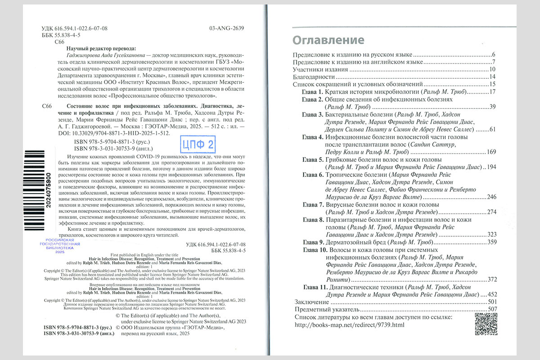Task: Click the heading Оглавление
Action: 328,40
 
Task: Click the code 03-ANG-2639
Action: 227,28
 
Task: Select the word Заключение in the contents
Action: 310,301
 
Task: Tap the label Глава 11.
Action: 314,287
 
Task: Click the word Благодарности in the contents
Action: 313,76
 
